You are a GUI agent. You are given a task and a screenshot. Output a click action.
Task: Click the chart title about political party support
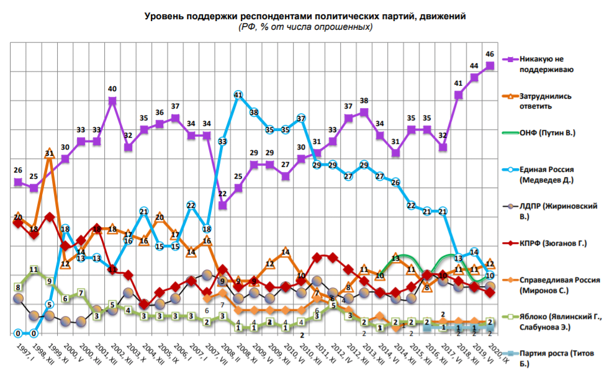click(305, 16)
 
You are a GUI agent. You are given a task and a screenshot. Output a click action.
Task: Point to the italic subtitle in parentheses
click(305, 27)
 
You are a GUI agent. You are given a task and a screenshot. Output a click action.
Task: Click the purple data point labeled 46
click(490, 65)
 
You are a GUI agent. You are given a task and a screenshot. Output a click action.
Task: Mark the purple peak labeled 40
click(112, 100)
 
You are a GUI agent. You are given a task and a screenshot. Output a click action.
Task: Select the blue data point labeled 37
click(301, 118)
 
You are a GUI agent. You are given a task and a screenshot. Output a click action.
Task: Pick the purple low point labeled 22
click(222, 205)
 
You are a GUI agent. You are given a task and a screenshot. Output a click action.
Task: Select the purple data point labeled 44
click(474, 78)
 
